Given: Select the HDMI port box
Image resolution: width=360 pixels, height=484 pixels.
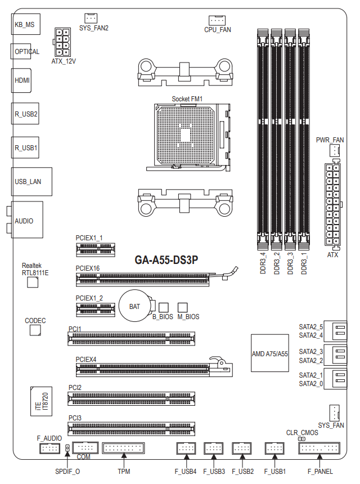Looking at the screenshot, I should pos(22,81).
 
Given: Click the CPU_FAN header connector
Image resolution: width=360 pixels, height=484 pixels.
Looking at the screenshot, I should pos(217,20).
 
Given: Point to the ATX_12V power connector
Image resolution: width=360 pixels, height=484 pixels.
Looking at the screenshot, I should pos(64,41).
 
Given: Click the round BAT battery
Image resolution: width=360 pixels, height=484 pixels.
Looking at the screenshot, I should pos(135,306).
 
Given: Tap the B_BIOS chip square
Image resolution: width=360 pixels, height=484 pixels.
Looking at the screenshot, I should pos(164,307).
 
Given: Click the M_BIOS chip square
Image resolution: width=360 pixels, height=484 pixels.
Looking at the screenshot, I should pos(182,307).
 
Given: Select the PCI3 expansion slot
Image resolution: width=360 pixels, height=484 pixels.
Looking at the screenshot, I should pos(132,428).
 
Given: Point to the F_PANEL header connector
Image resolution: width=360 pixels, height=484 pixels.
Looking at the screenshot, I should pos(319,449).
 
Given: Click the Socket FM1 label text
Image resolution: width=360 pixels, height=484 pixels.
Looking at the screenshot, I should pos(187,100).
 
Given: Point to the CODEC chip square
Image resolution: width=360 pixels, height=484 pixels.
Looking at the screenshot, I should pos(35,330).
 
